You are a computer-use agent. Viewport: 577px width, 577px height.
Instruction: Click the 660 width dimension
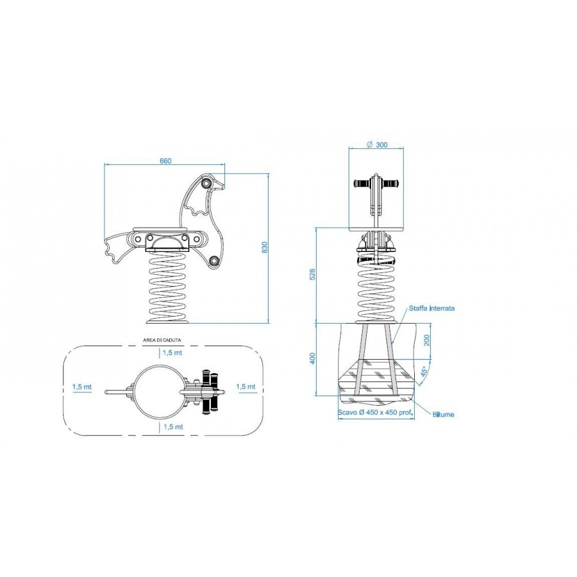[x=165, y=161]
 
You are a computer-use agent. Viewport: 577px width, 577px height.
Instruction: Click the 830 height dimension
[x=265, y=247]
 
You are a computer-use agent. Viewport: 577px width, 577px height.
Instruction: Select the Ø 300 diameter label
[x=377, y=145]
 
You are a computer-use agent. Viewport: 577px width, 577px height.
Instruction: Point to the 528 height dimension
[x=312, y=274]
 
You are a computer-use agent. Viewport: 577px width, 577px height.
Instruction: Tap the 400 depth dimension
[x=312, y=358]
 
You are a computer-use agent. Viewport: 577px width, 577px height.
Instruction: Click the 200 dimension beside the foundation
[x=427, y=341]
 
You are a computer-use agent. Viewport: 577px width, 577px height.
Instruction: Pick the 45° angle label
[x=424, y=372]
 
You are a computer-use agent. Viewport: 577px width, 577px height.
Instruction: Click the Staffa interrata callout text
[x=431, y=308]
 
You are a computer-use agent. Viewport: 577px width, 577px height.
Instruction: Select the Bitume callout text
[x=443, y=414]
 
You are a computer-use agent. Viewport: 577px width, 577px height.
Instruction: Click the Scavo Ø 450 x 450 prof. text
[x=375, y=412]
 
